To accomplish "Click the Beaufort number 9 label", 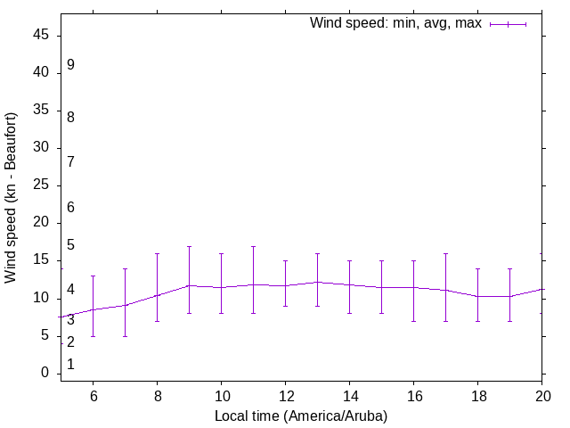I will tap(70, 65).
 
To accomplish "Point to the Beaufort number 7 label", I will tap(70, 162).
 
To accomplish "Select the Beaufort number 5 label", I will tap(70, 245).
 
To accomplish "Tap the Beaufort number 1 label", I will tap(70, 365).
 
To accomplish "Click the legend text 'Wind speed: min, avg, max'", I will tap(395, 23).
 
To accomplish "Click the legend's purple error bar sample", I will tap(508, 24).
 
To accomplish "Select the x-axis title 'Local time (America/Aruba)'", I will tap(301, 416).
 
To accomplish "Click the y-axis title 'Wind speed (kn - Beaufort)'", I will tap(11, 198).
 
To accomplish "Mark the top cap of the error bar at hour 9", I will tap(189, 246).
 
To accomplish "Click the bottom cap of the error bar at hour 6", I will tap(93, 336).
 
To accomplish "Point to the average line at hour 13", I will tap(317, 282).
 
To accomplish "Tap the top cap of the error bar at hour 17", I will tap(445, 253).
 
